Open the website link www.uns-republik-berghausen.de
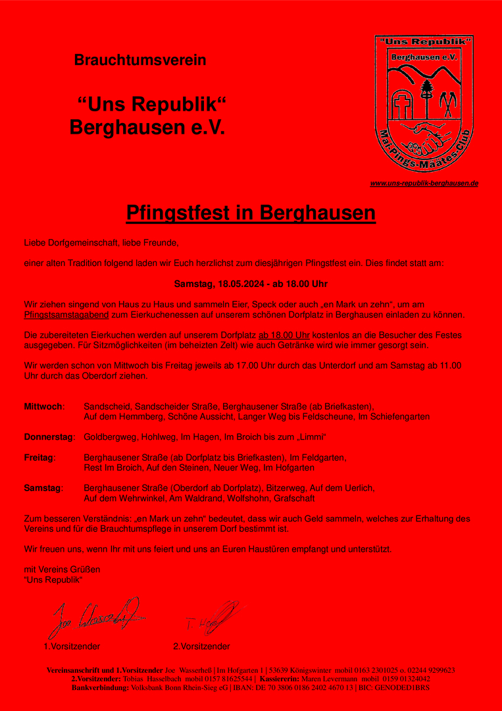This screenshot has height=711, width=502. pyautogui.click(x=424, y=183)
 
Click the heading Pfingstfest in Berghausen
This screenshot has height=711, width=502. pyautogui.click(x=251, y=213)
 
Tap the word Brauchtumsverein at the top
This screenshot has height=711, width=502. pyautogui.click(x=140, y=61)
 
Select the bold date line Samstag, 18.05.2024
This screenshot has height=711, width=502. pyautogui.click(x=251, y=284)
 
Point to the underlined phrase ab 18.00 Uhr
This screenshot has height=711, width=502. pyautogui.click(x=284, y=334)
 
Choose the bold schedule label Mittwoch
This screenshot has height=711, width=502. pyautogui.click(x=43, y=406)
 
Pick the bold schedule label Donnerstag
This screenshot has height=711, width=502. pyautogui.click(x=49, y=437)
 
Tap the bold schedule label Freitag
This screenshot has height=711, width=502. pyautogui.click(x=39, y=457)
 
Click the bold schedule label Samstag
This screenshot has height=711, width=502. pyautogui.click(x=43, y=488)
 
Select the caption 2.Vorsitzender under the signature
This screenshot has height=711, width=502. pyautogui.click(x=201, y=646)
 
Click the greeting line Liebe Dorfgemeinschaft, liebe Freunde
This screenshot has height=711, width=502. pyautogui.click(x=101, y=243)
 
